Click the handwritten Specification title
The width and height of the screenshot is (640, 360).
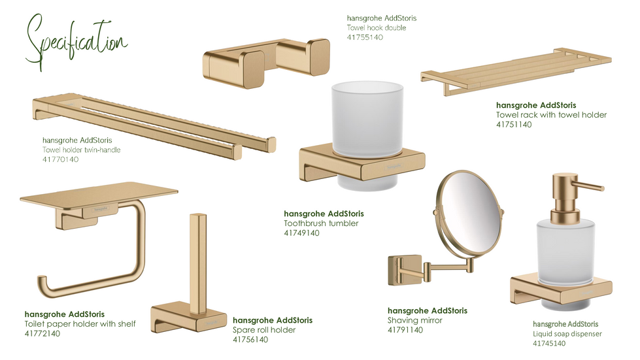click(x=76, y=43)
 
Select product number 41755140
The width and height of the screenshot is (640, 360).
click(x=365, y=37)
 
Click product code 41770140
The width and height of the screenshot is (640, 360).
click(x=60, y=159)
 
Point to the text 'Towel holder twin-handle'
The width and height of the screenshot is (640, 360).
click(x=82, y=150)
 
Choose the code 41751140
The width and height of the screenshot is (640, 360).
click(x=514, y=124)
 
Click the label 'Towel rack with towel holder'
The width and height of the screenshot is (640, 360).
click(x=552, y=114)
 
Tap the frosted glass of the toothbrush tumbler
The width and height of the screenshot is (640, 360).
click(x=367, y=118)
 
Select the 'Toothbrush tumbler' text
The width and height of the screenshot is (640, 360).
click(x=321, y=223)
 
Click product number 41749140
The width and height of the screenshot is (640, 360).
click(x=301, y=233)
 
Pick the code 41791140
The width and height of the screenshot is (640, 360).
click(x=405, y=330)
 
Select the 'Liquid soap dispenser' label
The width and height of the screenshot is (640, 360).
click(x=567, y=333)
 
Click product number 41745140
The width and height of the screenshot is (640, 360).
click(x=549, y=343)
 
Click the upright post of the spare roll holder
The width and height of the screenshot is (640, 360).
click(x=198, y=263)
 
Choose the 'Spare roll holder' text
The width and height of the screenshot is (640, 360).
click(x=264, y=330)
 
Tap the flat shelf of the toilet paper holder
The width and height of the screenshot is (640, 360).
click(x=99, y=194)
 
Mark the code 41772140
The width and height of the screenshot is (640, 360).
click(x=42, y=333)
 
